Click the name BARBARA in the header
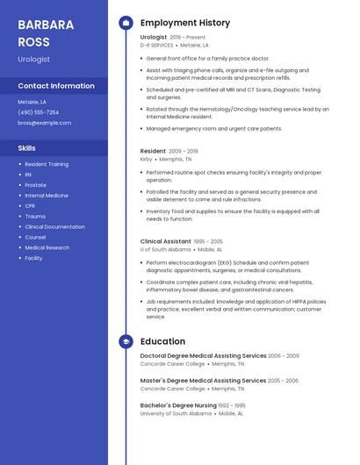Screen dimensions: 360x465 pos(45,23)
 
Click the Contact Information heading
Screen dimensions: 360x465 pos(56,86)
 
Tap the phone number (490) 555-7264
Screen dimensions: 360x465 pos(39,112)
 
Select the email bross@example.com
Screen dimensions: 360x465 pos(45,123)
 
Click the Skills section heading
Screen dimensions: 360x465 pos(27,148)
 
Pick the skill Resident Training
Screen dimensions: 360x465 pos(47,164)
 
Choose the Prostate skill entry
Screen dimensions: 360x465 pos(36,185)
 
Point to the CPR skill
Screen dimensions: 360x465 pos(30,205)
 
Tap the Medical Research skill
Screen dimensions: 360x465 pos(47,247)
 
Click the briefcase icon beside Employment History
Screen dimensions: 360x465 pos(126,23)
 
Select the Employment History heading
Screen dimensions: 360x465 pos(185,23)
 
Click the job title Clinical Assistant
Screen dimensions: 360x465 pos(165,241)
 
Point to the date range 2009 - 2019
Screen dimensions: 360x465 pos(183,151)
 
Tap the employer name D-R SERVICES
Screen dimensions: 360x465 pos(157,45)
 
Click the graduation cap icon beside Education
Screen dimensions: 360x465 pos(126,341)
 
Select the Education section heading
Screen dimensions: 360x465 pos(162,341)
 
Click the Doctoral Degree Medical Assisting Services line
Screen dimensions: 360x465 pos(203,356)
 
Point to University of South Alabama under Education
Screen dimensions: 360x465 pos(176,413)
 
